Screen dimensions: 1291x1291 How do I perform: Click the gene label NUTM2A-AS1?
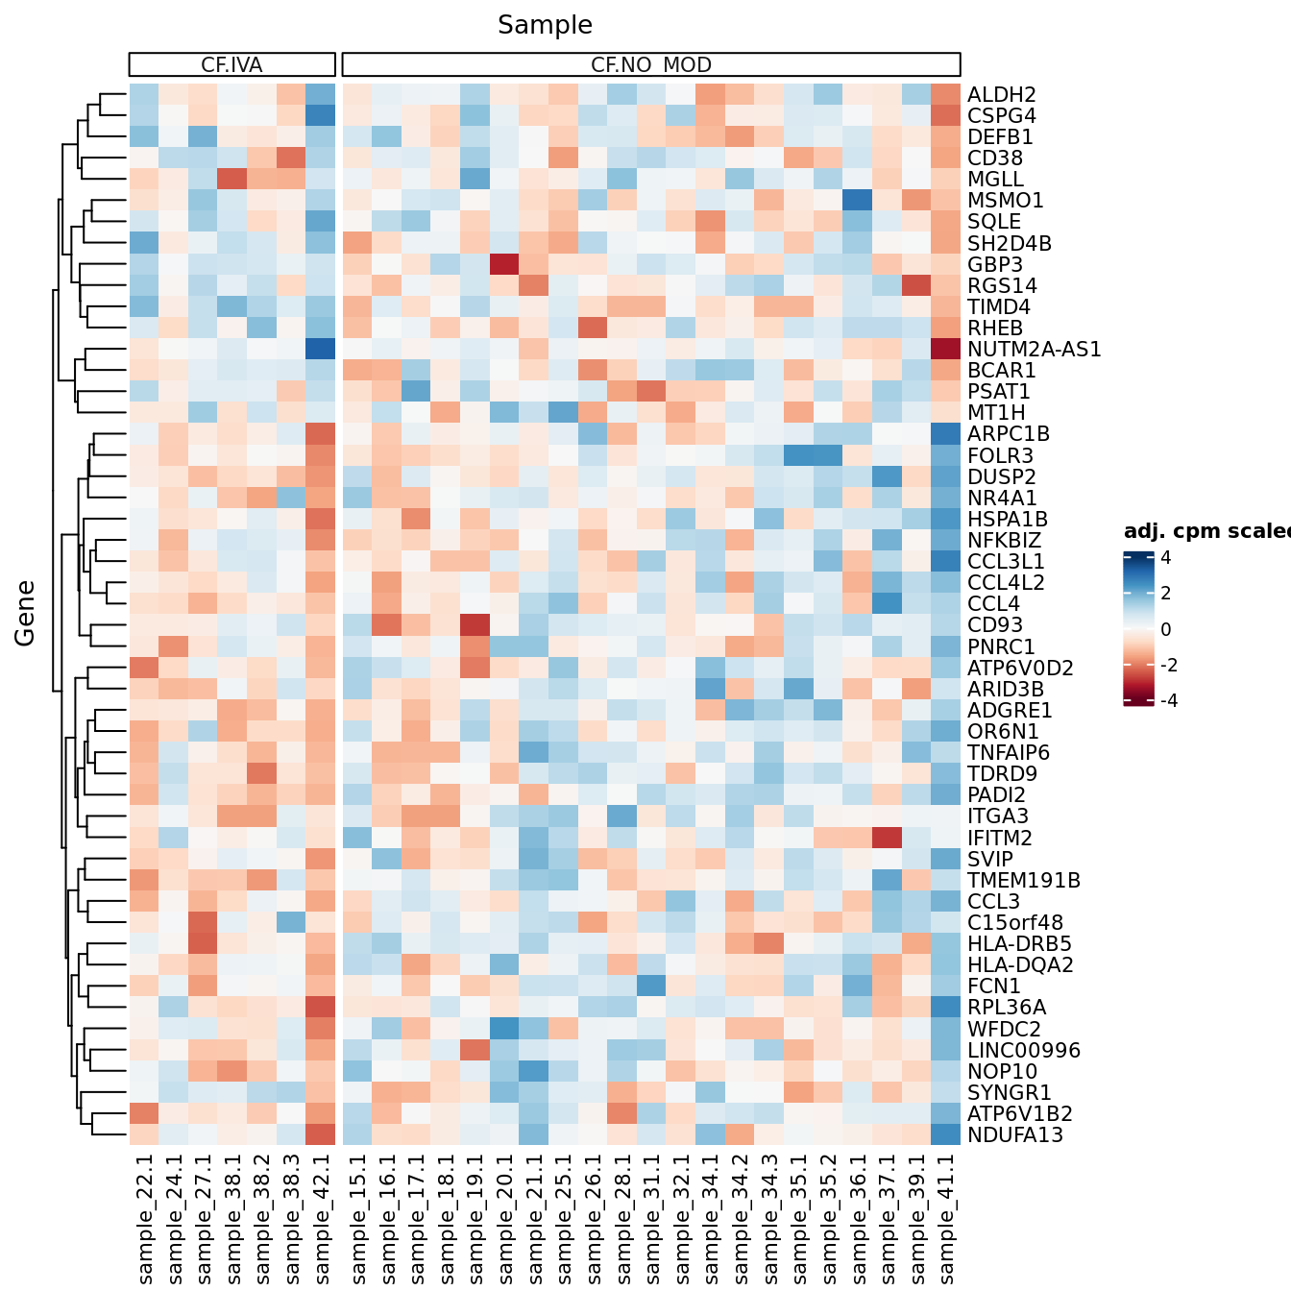[1034, 350]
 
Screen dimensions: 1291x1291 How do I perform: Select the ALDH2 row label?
[1001, 95]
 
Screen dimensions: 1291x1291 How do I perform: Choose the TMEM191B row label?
[1024, 881]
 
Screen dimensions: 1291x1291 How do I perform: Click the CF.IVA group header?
[231, 65]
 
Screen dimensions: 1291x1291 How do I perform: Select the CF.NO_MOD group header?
[651, 65]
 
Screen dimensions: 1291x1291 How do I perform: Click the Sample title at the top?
[545, 25]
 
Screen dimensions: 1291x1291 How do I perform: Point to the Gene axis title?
[25, 613]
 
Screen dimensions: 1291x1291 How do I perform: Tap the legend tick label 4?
[1165, 558]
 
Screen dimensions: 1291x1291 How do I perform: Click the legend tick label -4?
[1168, 701]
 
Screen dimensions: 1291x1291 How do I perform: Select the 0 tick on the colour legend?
[1165, 630]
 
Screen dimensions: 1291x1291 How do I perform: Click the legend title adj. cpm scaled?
[1206, 532]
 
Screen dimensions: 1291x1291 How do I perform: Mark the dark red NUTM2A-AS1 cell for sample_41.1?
[946, 350]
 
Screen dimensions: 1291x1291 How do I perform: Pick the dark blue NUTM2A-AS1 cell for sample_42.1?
[322, 350]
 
